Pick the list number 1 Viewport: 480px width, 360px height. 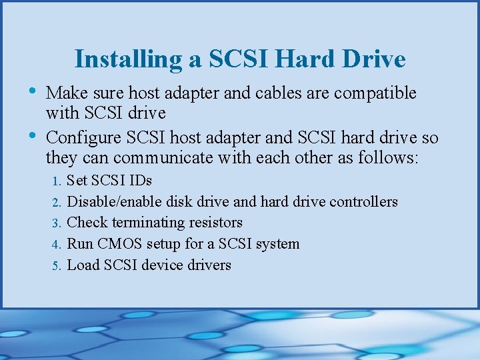tap(58, 181)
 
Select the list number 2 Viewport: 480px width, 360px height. tap(58, 202)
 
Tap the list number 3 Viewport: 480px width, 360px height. tap(58, 223)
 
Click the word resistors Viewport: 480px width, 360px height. tap(215, 223)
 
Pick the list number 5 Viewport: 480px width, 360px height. tap(58, 266)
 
